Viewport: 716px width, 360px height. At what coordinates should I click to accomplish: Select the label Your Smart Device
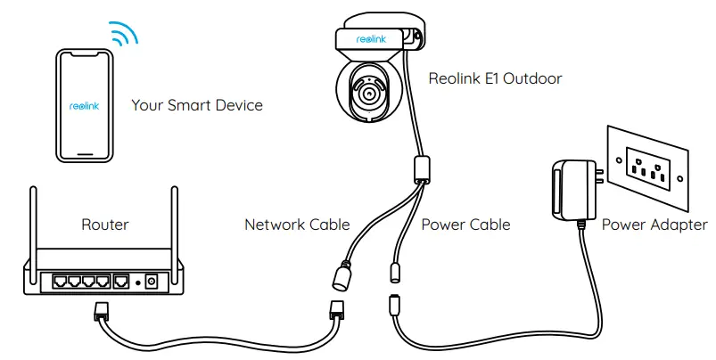tap(197, 105)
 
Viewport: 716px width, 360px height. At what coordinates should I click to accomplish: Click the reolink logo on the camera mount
tap(370, 39)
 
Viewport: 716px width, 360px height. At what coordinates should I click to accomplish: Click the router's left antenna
tap(33, 219)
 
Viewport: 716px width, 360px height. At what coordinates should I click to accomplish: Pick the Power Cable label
tap(465, 225)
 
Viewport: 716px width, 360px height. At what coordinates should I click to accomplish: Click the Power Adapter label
tap(654, 225)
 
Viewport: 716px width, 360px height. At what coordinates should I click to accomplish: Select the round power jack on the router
tap(152, 282)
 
